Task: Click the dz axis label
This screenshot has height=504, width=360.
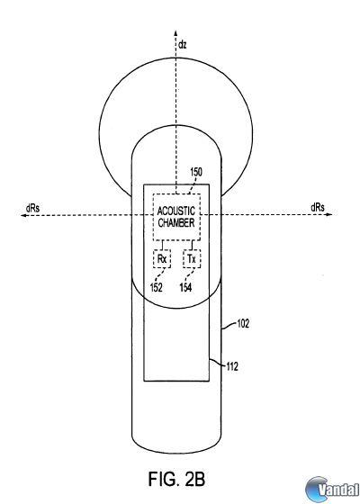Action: point(182,44)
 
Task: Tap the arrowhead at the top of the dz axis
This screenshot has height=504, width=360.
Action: point(175,32)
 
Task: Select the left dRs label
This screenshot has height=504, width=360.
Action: point(32,208)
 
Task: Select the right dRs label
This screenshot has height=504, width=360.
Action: point(318,207)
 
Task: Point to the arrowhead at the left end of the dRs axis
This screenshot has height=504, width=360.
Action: point(23,215)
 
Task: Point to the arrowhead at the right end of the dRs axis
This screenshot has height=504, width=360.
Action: point(329,214)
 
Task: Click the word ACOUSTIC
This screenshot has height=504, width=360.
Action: point(176,211)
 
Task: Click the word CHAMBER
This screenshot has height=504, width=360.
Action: point(176,223)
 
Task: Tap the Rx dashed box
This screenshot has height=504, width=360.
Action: point(162,259)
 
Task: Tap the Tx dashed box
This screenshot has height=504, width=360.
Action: point(192,259)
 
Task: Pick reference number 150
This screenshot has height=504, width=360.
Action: point(196,172)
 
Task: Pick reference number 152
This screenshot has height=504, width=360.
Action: point(157,287)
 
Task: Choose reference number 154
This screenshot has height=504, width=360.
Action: point(185,287)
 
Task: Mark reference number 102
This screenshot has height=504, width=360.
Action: point(243,323)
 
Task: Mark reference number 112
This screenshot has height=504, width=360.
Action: point(232,366)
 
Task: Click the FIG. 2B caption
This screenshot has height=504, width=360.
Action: point(176,479)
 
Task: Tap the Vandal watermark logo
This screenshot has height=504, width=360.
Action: point(332,490)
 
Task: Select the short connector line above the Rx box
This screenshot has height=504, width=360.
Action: point(162,245)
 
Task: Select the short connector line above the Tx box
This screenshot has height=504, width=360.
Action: point(192,245)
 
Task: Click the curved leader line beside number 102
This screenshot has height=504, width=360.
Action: point(229,327)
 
